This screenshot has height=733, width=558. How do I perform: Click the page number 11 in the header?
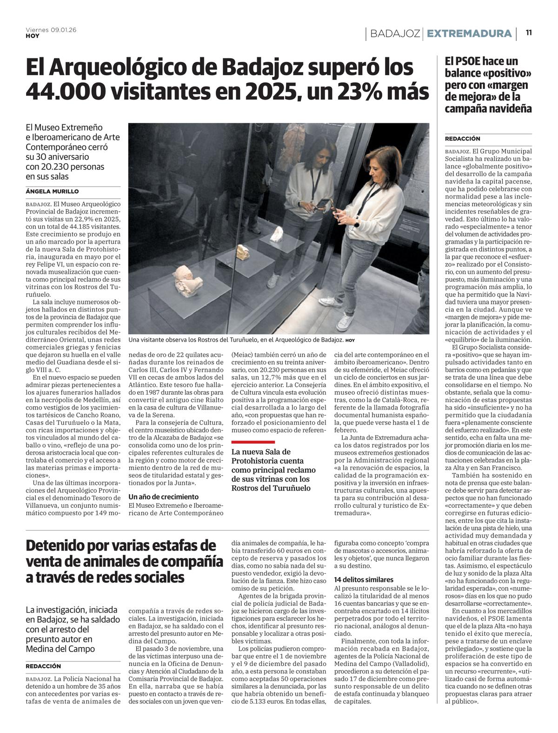(x=529, y=33)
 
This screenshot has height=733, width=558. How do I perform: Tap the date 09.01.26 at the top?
(x=63, y=30)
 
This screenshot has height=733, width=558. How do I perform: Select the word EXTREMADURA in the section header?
(x=469, y=34)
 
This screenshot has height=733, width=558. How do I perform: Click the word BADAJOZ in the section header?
(x=395, y=34)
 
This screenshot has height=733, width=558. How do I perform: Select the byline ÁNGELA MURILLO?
(x=52, y=191)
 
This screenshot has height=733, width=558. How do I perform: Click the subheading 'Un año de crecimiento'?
(x=163, y=497)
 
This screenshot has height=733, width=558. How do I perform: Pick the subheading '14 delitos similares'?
(x=364, y=579)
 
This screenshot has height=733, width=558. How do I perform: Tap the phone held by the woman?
(x=333, y=202)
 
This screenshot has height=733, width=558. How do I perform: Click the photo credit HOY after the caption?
(x=350, y=340)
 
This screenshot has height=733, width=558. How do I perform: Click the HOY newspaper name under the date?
(x=32, y=36)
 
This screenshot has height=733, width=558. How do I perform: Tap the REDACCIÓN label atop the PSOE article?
(x=462, y=139)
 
